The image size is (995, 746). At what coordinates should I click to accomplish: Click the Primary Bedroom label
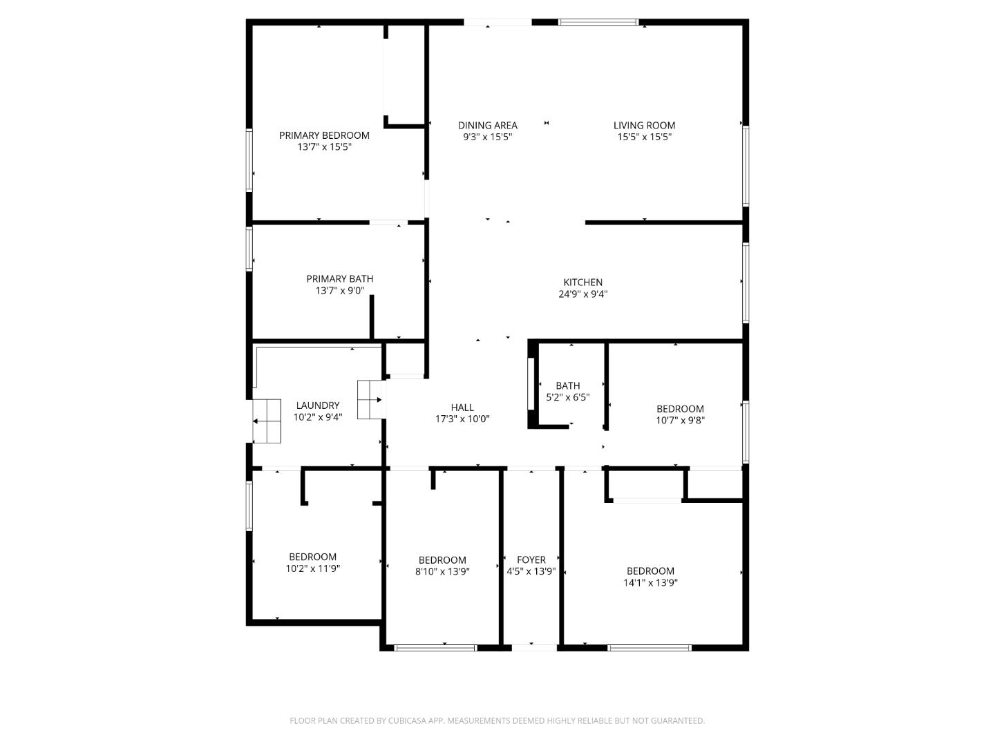[x=324, y=135]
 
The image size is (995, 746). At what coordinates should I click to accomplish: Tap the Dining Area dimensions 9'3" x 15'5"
[x=487, y=137]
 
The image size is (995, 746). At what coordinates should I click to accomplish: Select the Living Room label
[x=644, y=125]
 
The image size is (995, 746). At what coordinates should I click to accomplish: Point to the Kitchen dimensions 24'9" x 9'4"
[x=582, y=294]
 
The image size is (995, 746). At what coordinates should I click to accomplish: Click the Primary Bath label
[x=339, y=279]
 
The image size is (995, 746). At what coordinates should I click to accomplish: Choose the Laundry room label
[x=317, y=405]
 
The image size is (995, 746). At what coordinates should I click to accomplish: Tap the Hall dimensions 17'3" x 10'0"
[x=462, y=419]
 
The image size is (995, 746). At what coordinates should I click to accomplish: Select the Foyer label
[x=531, y=559]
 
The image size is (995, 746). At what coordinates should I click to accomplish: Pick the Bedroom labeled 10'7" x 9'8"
[x=680, y=414]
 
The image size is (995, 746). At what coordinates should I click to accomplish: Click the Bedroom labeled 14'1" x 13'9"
[x=650, y=577]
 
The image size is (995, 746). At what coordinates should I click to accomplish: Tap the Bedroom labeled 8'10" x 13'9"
[x=442, y=566]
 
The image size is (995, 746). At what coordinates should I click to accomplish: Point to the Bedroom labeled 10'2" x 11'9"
[x=312, y=562]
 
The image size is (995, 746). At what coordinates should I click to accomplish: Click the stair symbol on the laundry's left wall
[x=267, y=421]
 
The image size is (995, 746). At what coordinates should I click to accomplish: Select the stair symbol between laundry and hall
[x=370, y=399]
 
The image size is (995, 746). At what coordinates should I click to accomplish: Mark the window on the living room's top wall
[x=598, y=23]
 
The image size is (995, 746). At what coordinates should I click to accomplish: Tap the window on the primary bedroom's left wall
[x=249, y=160]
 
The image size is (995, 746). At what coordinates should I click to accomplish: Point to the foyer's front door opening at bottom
[x=534, y=647]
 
